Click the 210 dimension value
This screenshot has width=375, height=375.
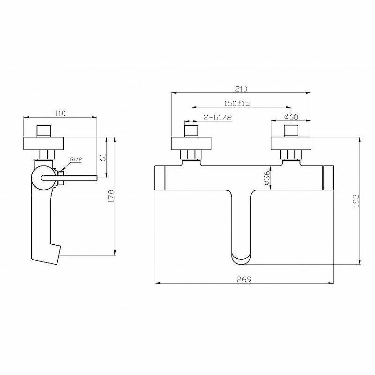point(241,89)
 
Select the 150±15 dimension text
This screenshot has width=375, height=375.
point(237,103)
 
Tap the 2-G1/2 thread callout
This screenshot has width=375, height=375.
point(218,117)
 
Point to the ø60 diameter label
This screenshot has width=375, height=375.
point(291,117)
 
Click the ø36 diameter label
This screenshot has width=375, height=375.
point(267,178)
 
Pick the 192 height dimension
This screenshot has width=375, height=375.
point(356,201)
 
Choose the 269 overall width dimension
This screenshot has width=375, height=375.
point(244,279)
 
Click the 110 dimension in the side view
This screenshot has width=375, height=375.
point(60,113)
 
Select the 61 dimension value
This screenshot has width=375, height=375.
point(103,157)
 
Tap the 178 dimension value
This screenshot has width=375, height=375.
point(112,196)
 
